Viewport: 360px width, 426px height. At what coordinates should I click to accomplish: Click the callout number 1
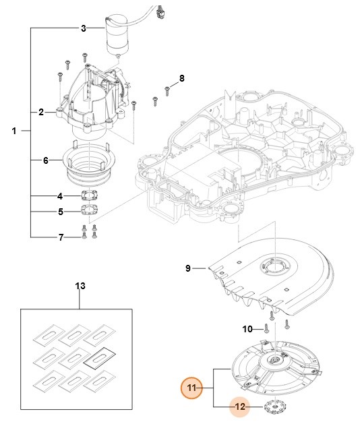(14, 131)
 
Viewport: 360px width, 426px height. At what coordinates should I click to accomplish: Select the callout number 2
(40, 112)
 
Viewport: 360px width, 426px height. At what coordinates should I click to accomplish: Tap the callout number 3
(83, 28)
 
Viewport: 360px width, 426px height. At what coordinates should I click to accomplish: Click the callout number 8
(181, 79)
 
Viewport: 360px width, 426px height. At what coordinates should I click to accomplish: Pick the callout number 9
(189, 269)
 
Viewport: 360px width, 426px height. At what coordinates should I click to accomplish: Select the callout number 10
(246, 329)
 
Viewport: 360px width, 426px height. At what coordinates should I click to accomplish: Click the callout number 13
(80, 286)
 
